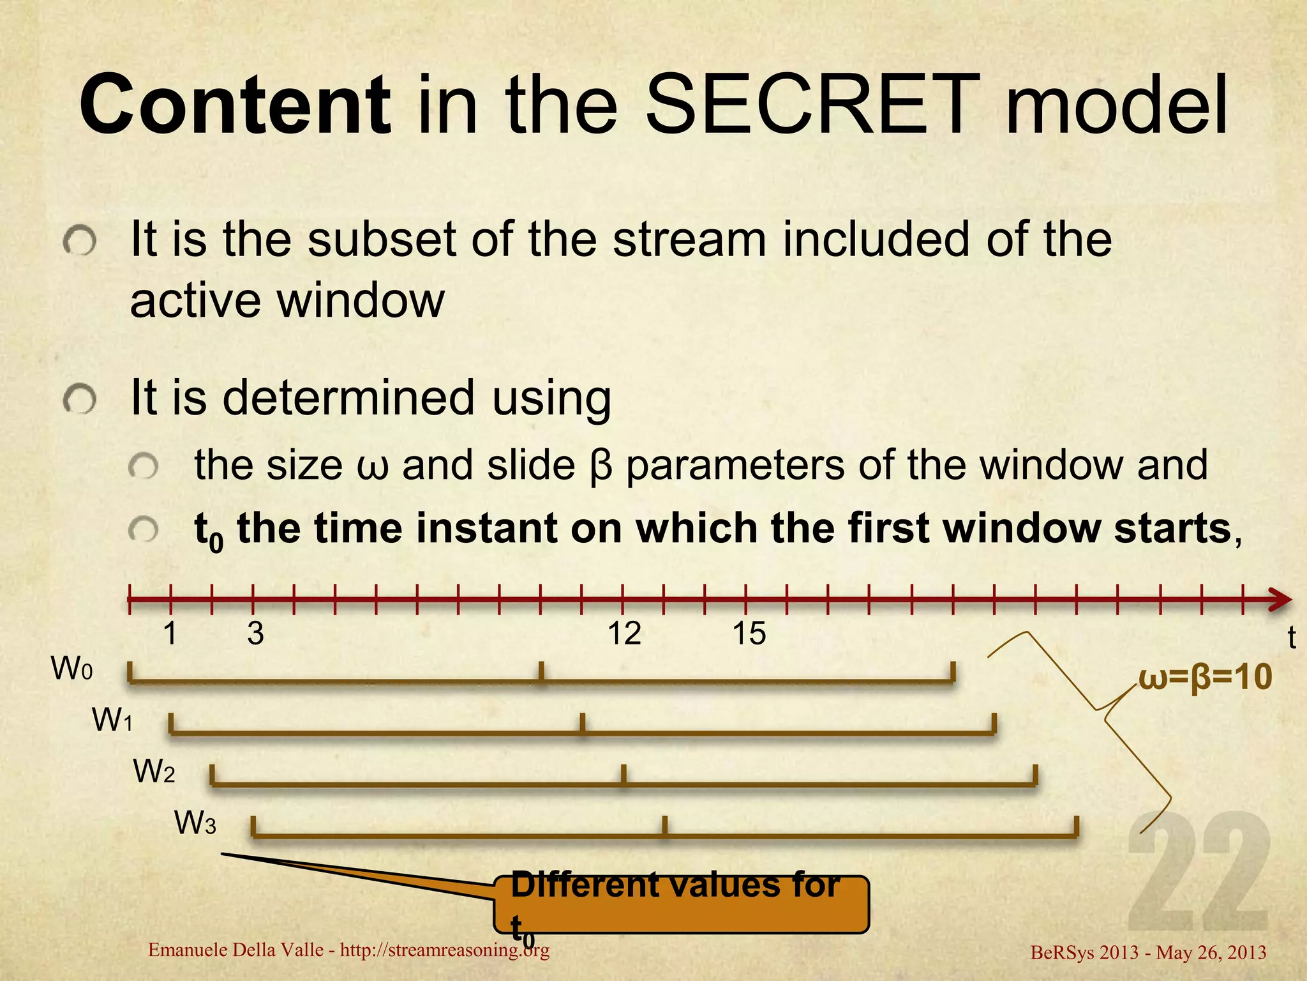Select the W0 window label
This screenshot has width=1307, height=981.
coord(72,669)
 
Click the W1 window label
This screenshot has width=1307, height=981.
coord(113,720)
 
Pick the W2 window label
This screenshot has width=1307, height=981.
coord(154,772)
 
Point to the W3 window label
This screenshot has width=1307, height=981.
coord(195,823)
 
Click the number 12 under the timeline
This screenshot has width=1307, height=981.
coord(624,634)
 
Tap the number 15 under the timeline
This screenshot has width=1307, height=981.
coord(749,634)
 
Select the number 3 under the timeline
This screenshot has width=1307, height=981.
coord(255,634)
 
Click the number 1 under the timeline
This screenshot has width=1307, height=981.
coord(170,634)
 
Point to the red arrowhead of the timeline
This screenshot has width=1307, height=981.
coord(1279,600)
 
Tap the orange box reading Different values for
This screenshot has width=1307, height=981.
coord(681,905)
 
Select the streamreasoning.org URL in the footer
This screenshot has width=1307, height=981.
coord(445,950)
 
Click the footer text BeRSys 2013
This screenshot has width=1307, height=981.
coord(1084,953)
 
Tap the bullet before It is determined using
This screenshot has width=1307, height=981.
coord(80,401)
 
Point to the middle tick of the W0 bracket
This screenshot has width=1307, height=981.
coord(541,673)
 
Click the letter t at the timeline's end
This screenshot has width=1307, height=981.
coord(1292,638)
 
